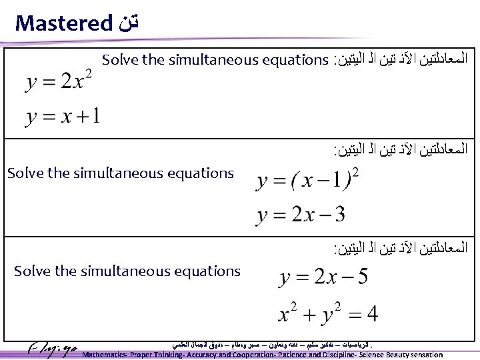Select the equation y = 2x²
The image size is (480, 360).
click(59, 82)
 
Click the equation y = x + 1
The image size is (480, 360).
click(63, 117)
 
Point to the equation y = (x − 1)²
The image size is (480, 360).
click(308, 181)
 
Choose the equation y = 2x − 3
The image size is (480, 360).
click(301, 215)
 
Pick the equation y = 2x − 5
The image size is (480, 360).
click(323, 277)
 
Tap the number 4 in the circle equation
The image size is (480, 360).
click(371, 312)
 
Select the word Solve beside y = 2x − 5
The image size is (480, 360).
click(31, 271)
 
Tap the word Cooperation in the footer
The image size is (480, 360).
click(245, 355)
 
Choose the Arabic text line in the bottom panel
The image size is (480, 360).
click(400, 248)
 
